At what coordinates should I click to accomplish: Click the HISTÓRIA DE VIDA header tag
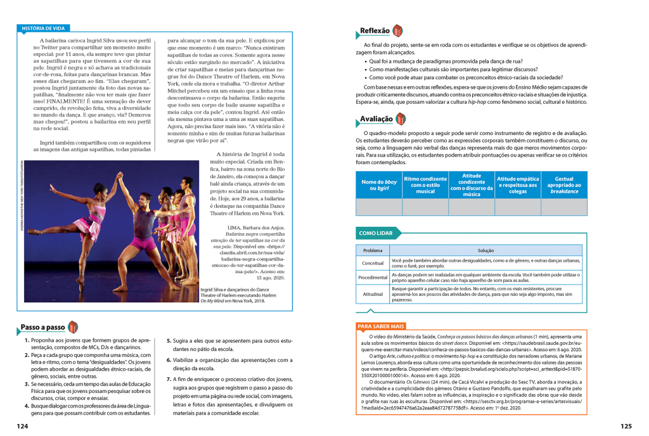coord(43,29)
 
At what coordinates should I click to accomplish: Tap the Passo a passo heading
coord(42,327)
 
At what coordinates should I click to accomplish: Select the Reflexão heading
coord(375,30)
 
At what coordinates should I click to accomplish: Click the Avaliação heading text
coord(376,119)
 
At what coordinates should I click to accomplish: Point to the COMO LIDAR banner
coord(376,233)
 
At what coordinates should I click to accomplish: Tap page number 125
coord(626,426)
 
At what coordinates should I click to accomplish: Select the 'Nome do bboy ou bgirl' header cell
coord(378,184)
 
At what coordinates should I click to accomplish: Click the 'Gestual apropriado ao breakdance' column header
coord(563,184)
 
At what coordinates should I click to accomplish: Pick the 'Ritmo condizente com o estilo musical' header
coord(425,184)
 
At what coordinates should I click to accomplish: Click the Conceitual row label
coord(373,262)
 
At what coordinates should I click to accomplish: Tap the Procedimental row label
coord(373,278)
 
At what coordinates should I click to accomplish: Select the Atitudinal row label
coord(373,294)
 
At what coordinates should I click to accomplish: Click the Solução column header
coord(485,251)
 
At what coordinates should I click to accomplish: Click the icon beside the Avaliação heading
coord(401,119)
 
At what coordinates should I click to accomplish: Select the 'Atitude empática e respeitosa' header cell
coord(518,184)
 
